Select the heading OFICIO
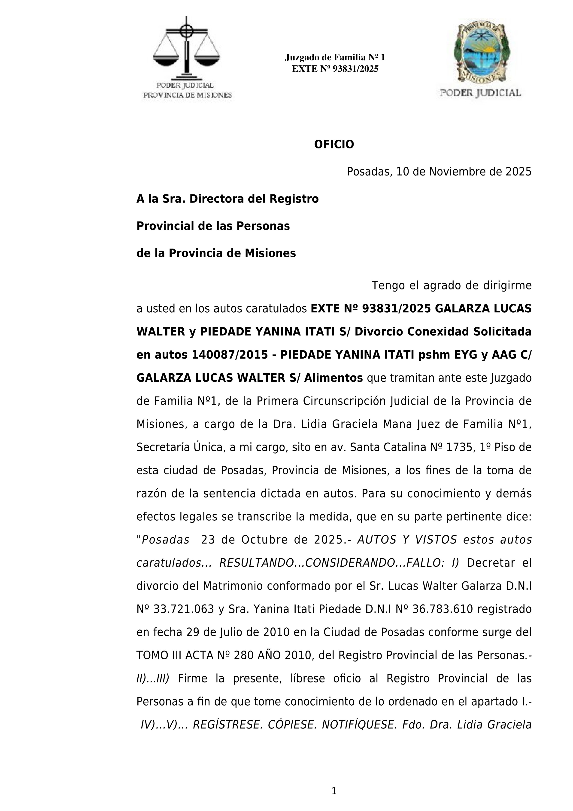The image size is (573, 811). click(x=334, y=144)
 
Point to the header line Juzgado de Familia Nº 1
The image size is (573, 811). click(x=335, y=57)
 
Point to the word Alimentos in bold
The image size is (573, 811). click(x=333, y=378)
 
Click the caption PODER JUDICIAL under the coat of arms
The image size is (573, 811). click(x=480, y=93)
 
